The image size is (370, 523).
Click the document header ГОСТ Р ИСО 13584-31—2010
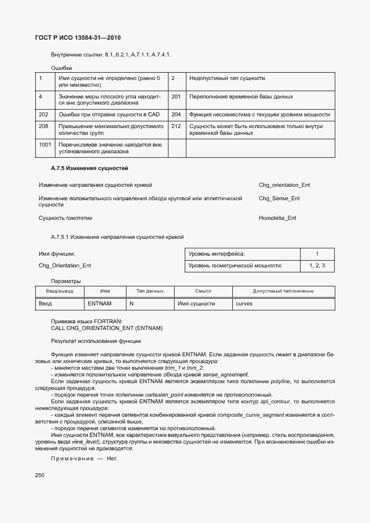(x=78, y=38)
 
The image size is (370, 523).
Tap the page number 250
(x=40, y=475)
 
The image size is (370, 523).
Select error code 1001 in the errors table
(x=45, y=144)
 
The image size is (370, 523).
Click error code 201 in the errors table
(x=176, y=96)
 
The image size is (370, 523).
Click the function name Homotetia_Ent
(x=277, y=218)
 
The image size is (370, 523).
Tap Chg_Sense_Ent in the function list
(x=279, y=198)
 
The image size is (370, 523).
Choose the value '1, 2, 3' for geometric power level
(x=317, y=266)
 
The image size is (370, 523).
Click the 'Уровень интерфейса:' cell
(x=217, y=254)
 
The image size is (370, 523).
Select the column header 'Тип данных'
(x=149, y=291)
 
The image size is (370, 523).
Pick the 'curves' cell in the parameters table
(x=244, y=303)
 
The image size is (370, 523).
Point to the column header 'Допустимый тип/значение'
(x=283, y=291)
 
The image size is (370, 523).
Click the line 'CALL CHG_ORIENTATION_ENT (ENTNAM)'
(x=106, y=327)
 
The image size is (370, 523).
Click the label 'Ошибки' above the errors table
(x=61, y=67)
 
